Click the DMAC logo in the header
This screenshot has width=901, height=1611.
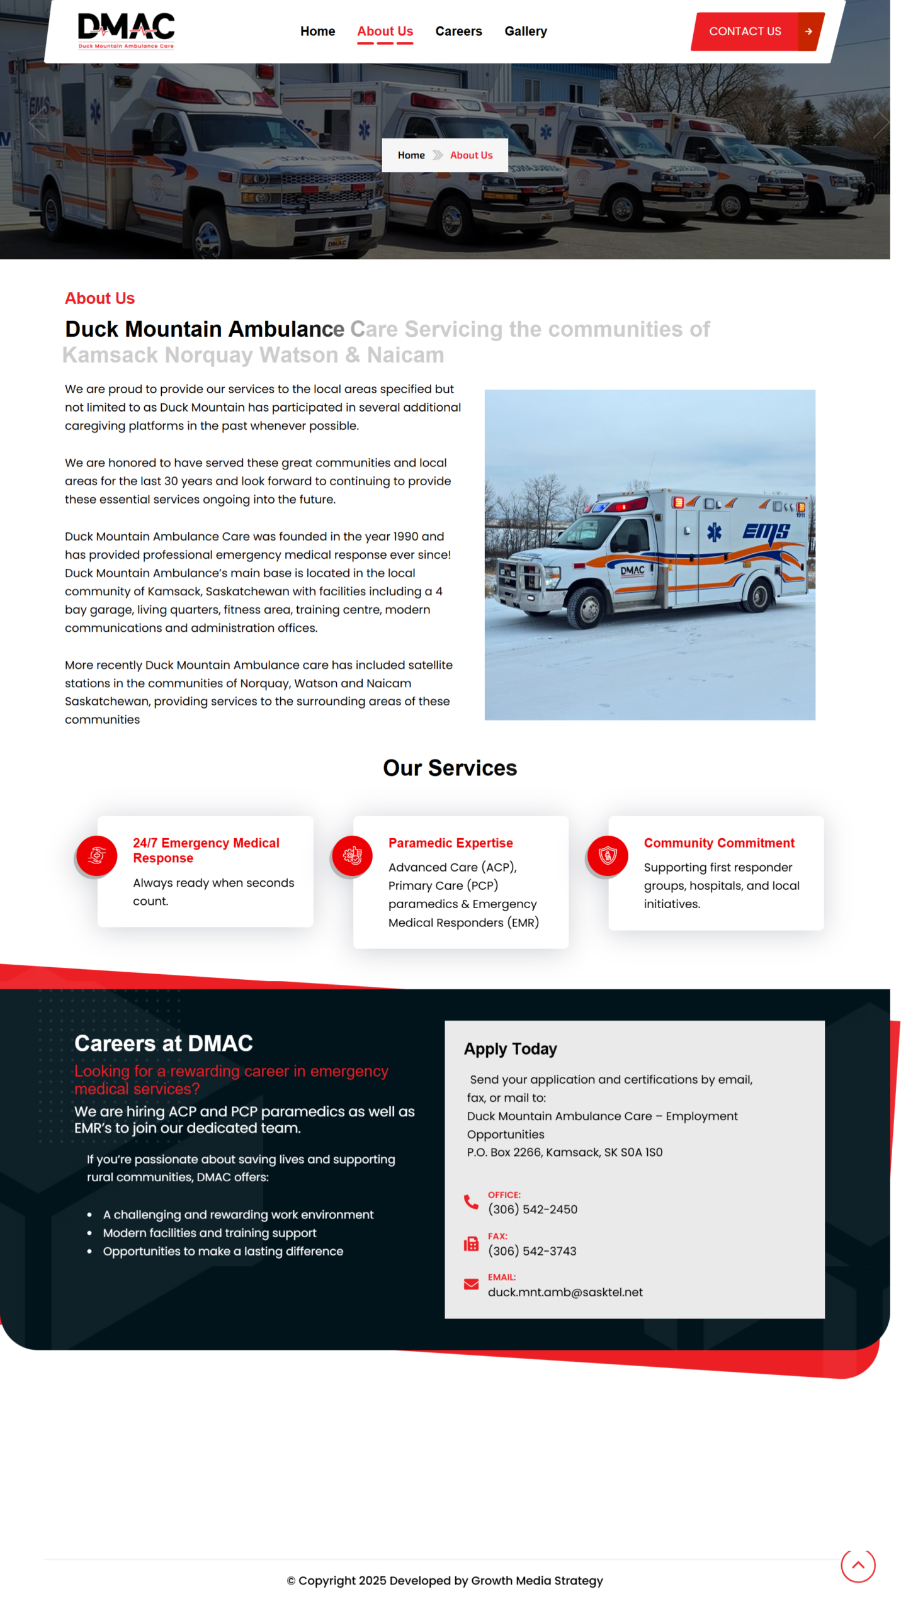(x=126, y=30)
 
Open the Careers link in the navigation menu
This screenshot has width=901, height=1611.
(x=458, y=31)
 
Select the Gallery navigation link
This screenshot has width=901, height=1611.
(x=525, y=31)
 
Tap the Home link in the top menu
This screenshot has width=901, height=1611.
(x=317, y=31)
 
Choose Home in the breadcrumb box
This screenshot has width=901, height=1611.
(x=411, y=155)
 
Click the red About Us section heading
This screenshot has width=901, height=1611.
(x=99, y=298)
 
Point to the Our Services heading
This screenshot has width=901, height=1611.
(x=450, y=768)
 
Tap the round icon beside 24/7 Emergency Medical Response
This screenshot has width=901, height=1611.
(x=97, y=855)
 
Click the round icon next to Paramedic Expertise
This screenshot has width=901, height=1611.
(x=353, y=855)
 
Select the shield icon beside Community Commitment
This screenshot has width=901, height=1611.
(x=608, y=855)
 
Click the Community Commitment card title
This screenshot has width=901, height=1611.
(x=718, y=843)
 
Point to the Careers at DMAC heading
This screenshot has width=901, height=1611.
(x=164, y=1043)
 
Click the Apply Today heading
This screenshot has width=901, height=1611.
(x=510, y=1049)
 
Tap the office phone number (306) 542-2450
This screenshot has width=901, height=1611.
(x=533, y=1210)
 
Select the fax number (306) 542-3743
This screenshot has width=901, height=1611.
(x=532, y=1251)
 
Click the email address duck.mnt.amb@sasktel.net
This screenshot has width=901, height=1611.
(x=565, y=1292)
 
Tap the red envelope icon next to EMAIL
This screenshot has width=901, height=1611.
(x=471, y=1284)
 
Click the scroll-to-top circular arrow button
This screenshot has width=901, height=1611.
(x=858, y=1565)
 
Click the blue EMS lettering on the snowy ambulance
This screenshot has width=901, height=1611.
(x=766, y=532)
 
